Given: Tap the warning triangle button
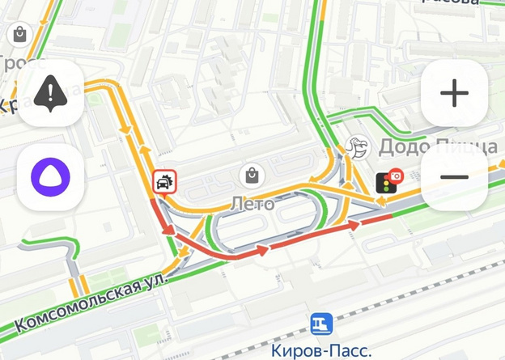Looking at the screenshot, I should pyautogui.click(x=51, y=93).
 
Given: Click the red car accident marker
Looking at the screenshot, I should pyautogui.click(x=163, y=182).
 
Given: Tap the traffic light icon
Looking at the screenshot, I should pyautogui.click(x=382, y=184).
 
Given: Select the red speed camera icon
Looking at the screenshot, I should pyautogui.click(x=396, y=176).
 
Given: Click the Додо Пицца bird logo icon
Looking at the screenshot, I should pyautogui.click(x=356, y=146).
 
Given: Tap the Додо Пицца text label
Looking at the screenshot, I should pyautogui.click(x=437, y=146).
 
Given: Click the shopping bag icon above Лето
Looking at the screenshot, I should pyautogui.click(x=252, y=174).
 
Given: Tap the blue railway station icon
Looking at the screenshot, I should pyautogui.click(x=321, y=324).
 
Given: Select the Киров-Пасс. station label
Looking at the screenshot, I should pyautogui.click(x=321, y=350).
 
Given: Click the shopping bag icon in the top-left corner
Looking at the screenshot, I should pyautogui.click(x=18, y=35).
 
